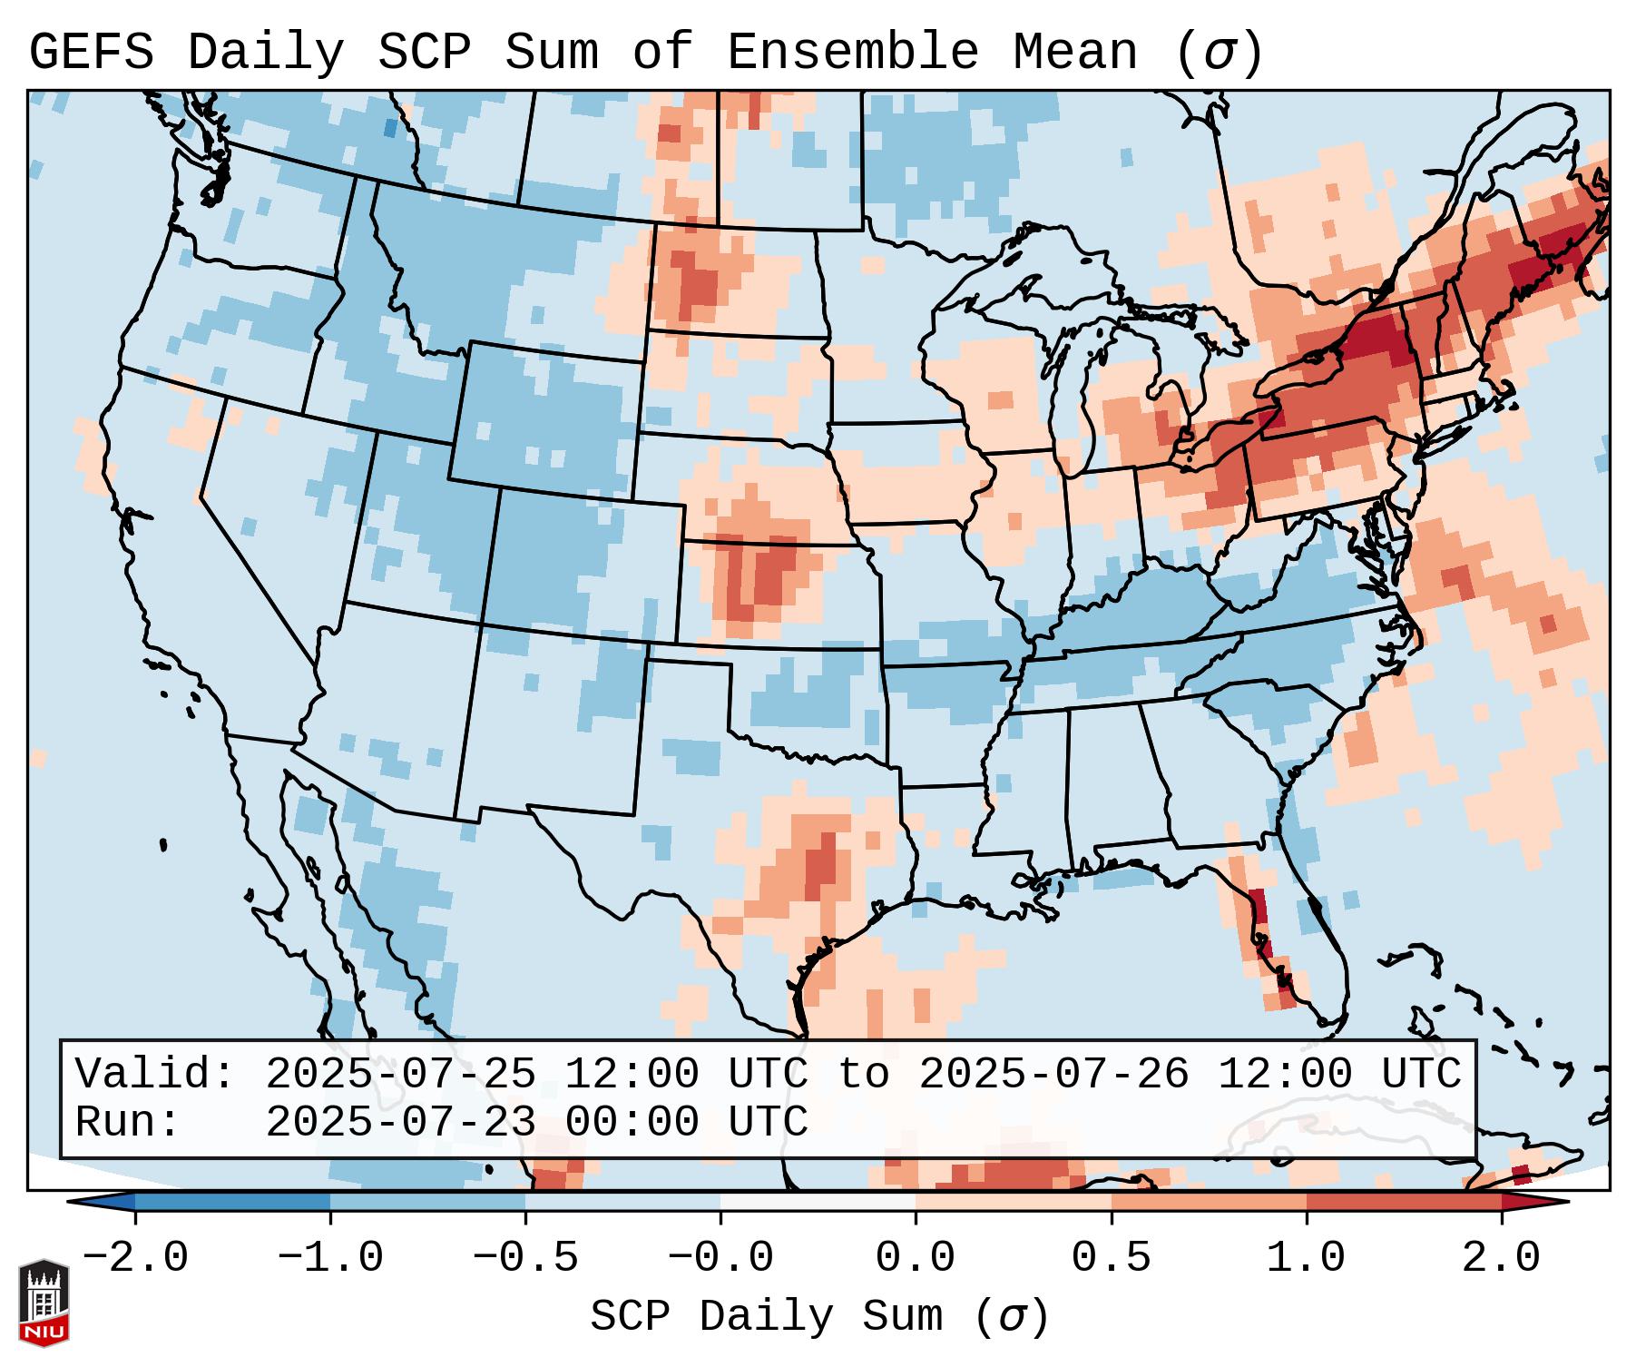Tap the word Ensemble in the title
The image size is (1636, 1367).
[852, 53]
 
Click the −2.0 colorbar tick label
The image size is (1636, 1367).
[135, 1258]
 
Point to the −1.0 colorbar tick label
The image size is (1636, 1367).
[330, 1258]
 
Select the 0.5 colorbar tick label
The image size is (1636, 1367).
[1112, 1258]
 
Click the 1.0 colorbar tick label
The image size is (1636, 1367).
[1307, 1258]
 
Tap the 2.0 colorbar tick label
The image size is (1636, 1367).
[1502, 1258]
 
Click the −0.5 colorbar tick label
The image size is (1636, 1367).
[525, 1258]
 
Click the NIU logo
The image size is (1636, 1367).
[44, 1303]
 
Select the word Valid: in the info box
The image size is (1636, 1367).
[154, 1074]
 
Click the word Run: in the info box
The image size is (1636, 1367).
[127, 1122]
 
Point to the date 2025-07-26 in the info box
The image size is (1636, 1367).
[1053, 1074]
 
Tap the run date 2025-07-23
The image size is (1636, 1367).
[400, 1122]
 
